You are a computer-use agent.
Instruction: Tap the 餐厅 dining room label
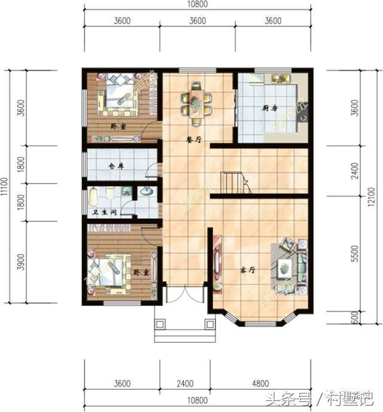[x=193, y=139]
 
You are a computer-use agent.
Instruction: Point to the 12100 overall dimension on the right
[x=373, y=196]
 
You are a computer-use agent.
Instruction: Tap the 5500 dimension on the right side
[x=355, y=255]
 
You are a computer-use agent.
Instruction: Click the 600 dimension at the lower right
[x=355, y=319]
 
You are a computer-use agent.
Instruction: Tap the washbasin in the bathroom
[x=146, y=193]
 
